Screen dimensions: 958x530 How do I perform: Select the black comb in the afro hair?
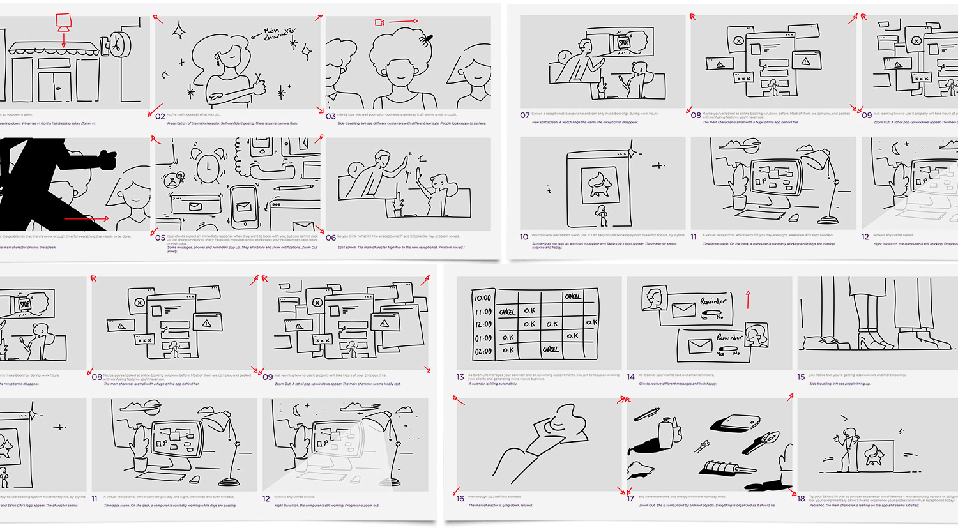point(426,39)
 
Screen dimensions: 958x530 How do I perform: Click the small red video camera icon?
point(379,23)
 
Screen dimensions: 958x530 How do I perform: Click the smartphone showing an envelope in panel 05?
point(244,206)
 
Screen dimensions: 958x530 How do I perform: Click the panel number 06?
point(331,238)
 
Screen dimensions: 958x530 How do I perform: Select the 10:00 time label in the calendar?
point(483,298)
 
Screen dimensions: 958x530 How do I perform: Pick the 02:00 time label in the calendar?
point(483,351)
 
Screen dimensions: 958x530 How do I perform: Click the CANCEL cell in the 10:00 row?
point(572,296)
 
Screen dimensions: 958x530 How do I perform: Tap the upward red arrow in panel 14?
point(748,299)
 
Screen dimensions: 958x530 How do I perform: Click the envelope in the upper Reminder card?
point(683,310)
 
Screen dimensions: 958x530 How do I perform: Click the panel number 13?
point(460,377)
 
